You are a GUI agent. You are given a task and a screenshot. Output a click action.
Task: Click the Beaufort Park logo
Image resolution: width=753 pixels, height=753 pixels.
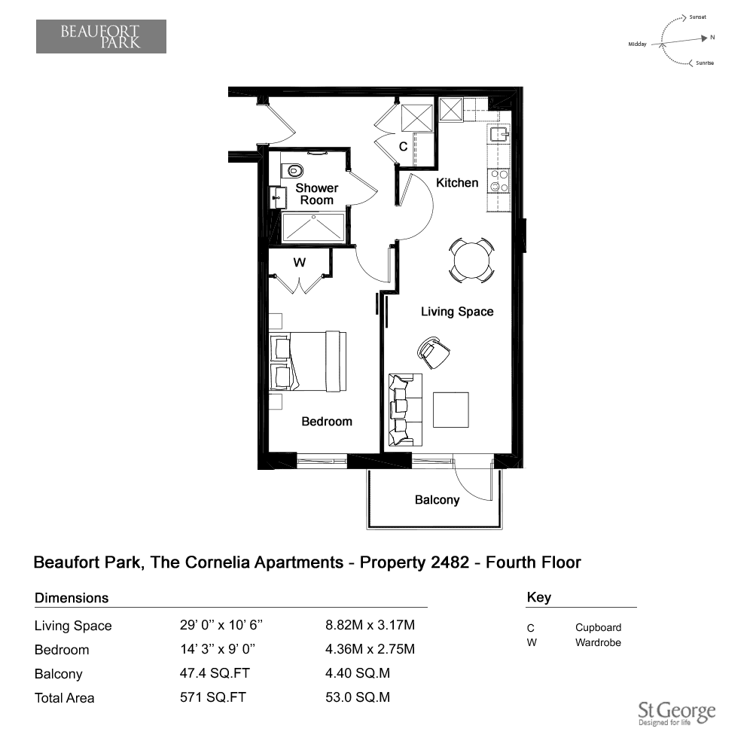coord(101,36)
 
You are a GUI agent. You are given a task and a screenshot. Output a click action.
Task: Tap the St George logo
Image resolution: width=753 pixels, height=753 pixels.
coord(677,714)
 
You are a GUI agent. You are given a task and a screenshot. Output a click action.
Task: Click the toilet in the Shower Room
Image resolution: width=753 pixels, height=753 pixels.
coord(292,170)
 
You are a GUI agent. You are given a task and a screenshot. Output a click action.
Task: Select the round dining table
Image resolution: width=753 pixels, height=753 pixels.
coord(471,261)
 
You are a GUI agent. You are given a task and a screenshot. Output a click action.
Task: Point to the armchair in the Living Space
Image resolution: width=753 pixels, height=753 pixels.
coord(434,352)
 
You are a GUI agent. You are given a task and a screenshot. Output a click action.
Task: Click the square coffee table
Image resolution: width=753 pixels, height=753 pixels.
coord(450,410)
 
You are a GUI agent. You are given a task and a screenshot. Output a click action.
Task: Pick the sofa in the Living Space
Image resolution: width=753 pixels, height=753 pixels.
coord(405,410)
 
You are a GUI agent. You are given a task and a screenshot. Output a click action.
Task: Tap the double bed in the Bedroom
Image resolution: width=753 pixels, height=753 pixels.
coord(308,361)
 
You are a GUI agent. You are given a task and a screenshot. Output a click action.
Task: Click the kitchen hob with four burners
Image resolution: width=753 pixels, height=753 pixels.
coord(498,181)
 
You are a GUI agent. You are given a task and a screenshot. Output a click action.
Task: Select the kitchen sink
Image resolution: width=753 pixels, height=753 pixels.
coord(499,133)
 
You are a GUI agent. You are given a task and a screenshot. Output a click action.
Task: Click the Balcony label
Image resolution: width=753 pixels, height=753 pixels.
coord(437,500)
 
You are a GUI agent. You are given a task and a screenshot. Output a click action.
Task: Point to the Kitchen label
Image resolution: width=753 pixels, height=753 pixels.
coord(457,182)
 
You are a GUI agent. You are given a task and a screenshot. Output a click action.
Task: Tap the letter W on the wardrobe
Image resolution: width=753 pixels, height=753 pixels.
coord(299,262)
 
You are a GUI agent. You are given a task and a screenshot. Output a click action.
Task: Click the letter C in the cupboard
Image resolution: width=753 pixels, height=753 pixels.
coord(404,147)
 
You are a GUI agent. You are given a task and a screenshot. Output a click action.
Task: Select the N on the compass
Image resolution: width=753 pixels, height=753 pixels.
coord(712,37)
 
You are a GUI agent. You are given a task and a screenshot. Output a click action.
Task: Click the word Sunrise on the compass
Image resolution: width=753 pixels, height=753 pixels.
coord(705,63)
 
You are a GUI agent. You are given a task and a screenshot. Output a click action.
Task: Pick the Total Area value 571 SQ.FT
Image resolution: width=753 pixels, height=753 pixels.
coord(213,697)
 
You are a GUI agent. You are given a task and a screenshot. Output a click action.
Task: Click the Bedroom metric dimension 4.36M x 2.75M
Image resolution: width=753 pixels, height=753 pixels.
coord(370,649)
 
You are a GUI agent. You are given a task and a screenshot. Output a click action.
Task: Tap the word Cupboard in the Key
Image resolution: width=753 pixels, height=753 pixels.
coord(598,628)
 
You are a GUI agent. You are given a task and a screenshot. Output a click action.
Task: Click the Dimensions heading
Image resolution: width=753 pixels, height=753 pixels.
coord(72,598)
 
